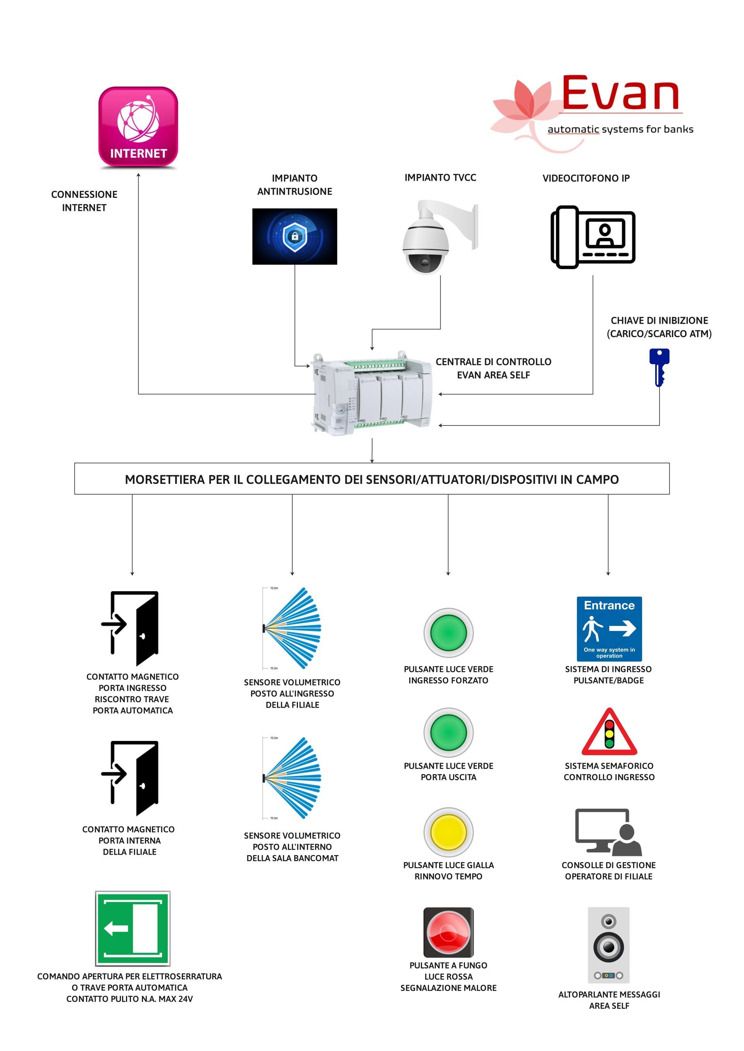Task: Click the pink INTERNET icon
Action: coord(138,127)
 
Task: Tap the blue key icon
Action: coord(659,367)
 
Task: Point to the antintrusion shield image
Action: coord(294,236)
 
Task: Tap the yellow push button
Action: coord(448,832)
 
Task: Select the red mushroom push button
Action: coord(448,933)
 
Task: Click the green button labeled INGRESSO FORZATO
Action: coord(448,633)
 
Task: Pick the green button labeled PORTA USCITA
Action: coord(448,732)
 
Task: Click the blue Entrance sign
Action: coord(609,629)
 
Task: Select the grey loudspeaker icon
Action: coord(608,945)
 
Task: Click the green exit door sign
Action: coord(133,928)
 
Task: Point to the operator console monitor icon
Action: coord(608,832)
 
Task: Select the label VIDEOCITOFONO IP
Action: coord(586,178)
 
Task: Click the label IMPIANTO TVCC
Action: coord(440,178)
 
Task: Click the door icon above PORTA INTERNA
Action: coord(130,778)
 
